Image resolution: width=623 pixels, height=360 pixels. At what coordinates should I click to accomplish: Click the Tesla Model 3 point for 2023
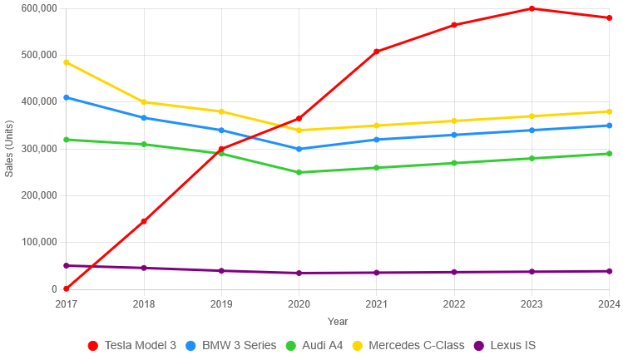(x=532, y=8)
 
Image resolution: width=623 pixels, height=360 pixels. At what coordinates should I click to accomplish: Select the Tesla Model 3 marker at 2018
(x=144, y=221)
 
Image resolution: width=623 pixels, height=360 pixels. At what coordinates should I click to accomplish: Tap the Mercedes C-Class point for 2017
(x=67, y=62)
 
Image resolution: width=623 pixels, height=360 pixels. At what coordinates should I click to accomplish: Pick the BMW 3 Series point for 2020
(x=299, y=149)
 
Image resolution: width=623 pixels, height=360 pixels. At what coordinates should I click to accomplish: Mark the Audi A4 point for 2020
(x=299, y=172)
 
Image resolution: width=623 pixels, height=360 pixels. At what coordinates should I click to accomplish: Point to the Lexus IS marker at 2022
(x=454, y=272)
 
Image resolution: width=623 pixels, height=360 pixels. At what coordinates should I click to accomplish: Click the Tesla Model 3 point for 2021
(x=377, y=52)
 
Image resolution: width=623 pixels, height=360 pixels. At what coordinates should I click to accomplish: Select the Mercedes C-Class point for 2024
(x=609, y=111)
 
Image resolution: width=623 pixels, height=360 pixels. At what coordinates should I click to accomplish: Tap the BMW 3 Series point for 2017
(x=67, y=97)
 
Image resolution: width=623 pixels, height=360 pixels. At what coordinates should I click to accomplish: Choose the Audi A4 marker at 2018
(x=144, y=145)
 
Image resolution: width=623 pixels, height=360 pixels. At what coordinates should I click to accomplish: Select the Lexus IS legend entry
(x=504, y=345)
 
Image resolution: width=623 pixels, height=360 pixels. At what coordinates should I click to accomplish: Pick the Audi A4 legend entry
(x=314, y=345)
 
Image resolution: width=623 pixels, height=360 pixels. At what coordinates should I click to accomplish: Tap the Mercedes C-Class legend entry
(x=407, y=345)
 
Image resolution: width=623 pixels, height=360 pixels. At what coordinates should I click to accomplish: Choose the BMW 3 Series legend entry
(x=230, y=345)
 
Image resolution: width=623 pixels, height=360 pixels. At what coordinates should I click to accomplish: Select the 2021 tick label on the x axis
(x=377, y=304)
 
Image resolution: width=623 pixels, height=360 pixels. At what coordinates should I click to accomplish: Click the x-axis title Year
(x=338, y=321)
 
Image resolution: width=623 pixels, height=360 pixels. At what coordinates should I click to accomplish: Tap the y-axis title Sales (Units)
(x=9, y=149)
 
